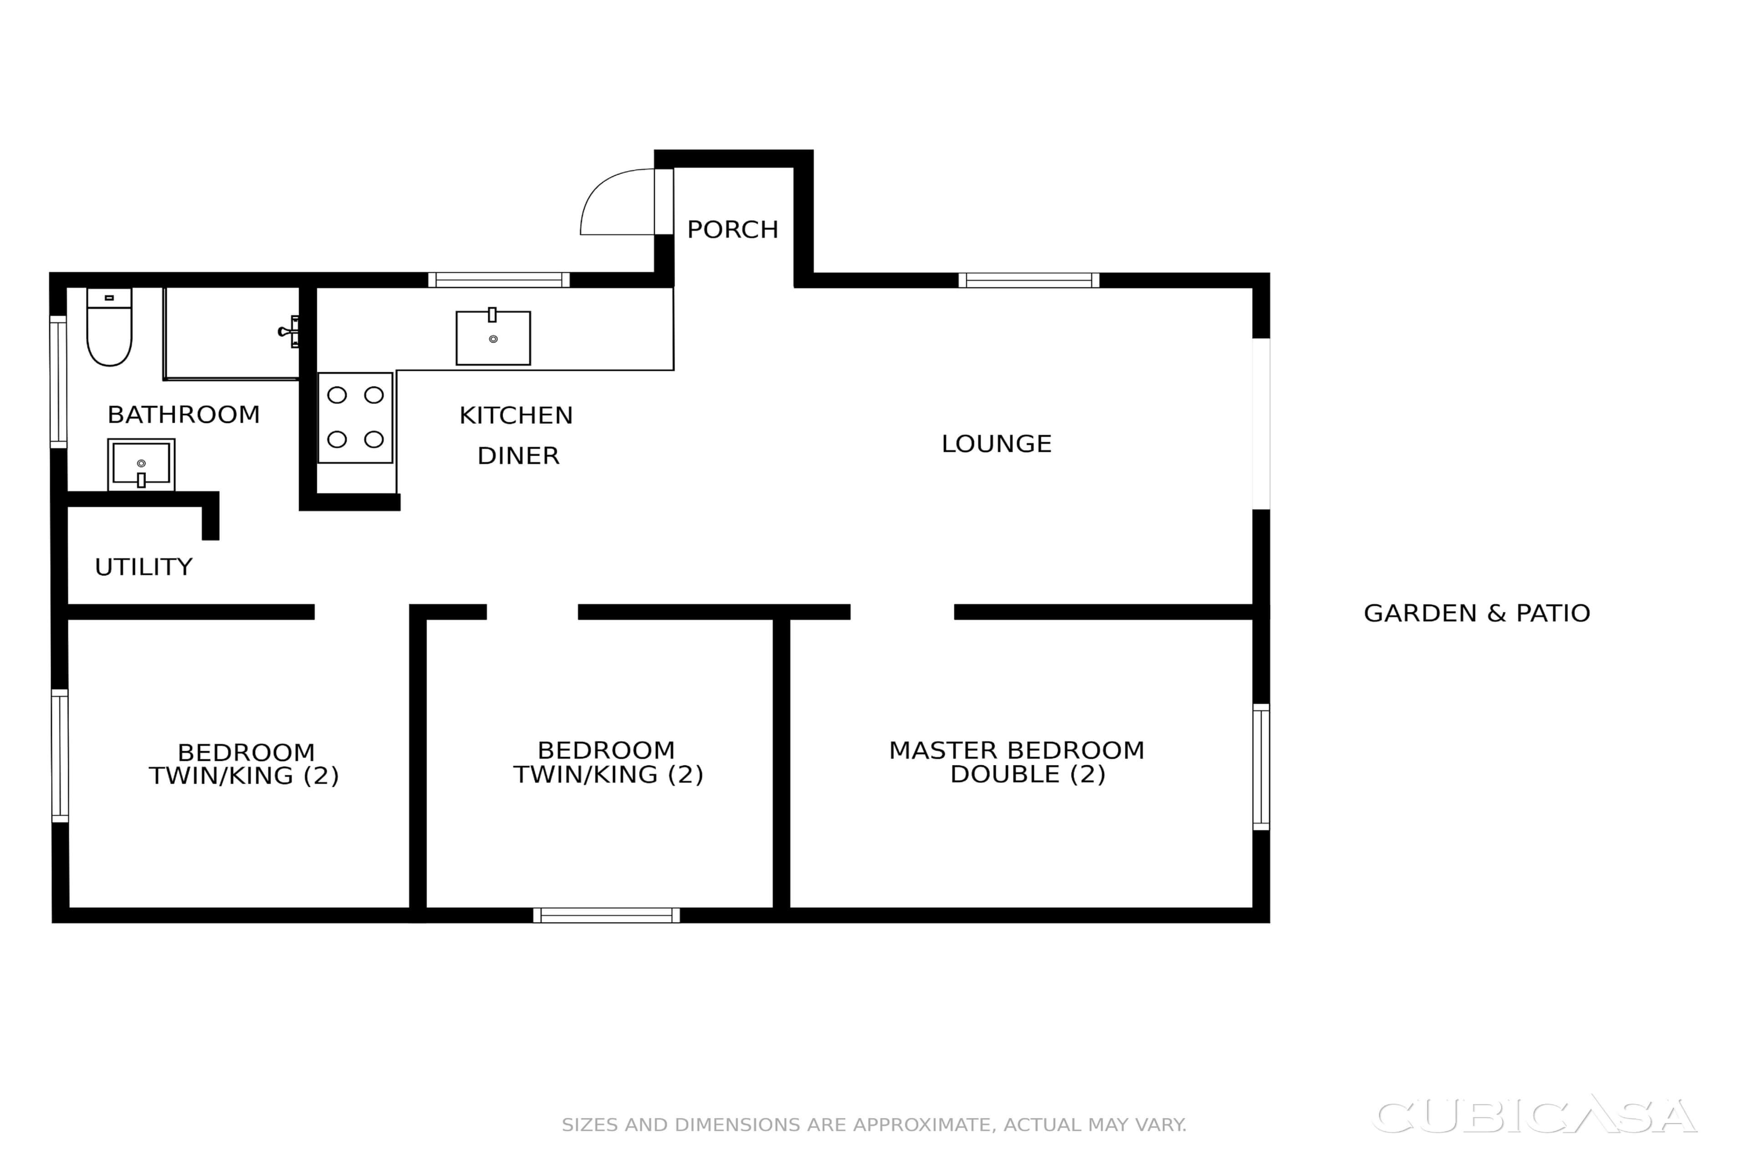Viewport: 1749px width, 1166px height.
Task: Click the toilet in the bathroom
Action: (109, 327)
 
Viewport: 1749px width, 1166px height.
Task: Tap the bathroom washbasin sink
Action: (141, 464)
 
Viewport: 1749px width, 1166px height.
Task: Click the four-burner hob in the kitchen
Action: (355, 417)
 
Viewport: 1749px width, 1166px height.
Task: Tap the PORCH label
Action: (732, 230)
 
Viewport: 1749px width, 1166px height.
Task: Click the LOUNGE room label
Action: (997, 444)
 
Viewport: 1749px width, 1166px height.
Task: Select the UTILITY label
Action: (143, 568)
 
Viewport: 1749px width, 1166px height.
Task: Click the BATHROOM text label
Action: (184, 415)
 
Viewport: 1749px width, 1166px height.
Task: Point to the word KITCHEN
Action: (516, 416)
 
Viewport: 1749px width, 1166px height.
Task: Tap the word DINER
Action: (518, 456)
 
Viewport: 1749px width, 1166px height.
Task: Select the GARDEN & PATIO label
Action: (1477, 614)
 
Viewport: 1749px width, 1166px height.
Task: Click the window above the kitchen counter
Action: (499, 281)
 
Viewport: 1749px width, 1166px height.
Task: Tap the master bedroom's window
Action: (1261, 767)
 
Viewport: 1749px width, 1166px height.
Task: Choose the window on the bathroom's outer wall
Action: (58, 382)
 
